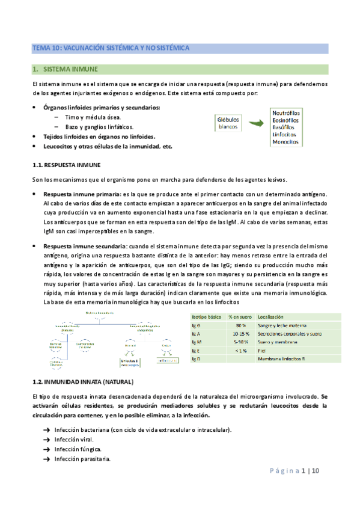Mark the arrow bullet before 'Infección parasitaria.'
pos(47,459)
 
